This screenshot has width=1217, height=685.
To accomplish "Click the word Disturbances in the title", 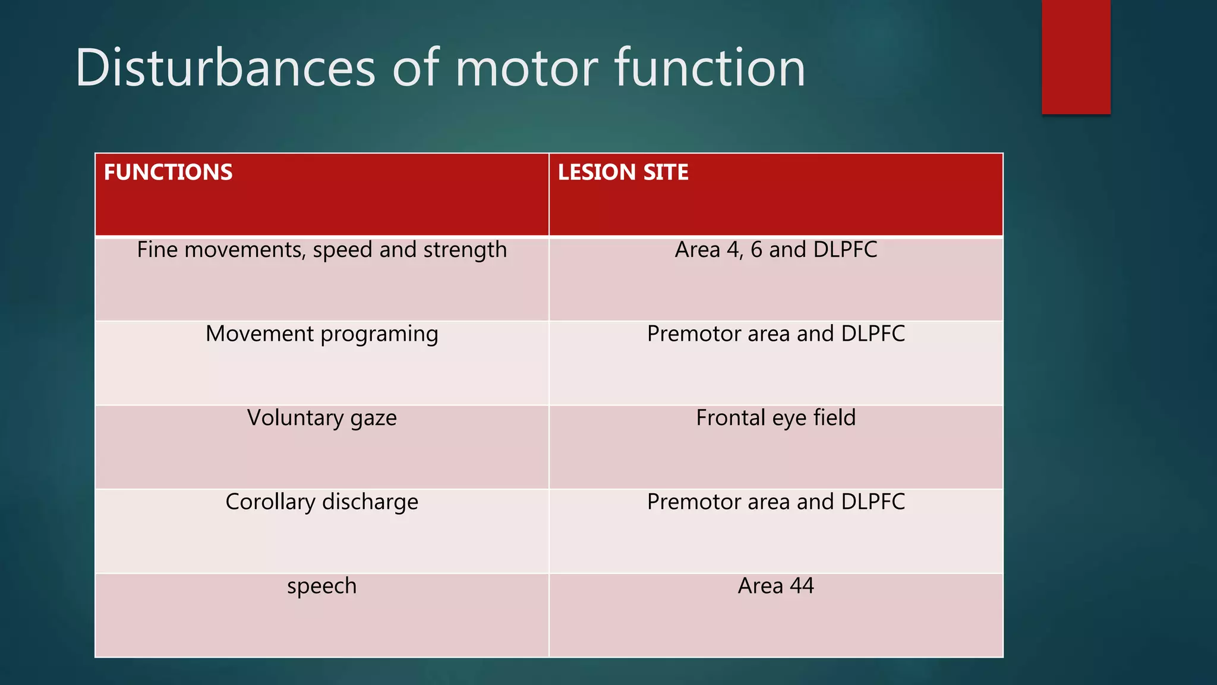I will pos(225,68).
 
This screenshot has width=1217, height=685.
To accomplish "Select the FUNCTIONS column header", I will pos(168,172).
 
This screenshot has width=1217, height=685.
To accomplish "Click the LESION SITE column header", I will pos(623,172).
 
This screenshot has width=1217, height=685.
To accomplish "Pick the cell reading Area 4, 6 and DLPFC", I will pos(775,250).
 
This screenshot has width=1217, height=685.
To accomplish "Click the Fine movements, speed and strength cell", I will pos(321,250).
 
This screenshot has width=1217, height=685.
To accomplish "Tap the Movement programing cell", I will pos(321,334).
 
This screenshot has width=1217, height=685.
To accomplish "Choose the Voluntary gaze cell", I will pos(321,418).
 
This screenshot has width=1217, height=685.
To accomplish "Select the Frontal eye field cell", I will pos(775,418).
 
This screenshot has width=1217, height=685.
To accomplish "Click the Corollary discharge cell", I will pos(321,502).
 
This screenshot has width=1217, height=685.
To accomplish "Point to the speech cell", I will pos(321,586).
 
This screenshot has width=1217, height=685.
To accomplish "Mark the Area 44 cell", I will pos(775,586).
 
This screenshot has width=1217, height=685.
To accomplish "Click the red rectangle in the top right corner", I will pos(1076,56).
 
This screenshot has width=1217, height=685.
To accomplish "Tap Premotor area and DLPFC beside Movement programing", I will pos(775,334).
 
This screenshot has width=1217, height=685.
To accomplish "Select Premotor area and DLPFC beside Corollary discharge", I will pos(775,502).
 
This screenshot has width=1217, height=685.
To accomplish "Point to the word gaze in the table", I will pos(373,418).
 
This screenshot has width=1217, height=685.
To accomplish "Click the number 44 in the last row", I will pos(802,586).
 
